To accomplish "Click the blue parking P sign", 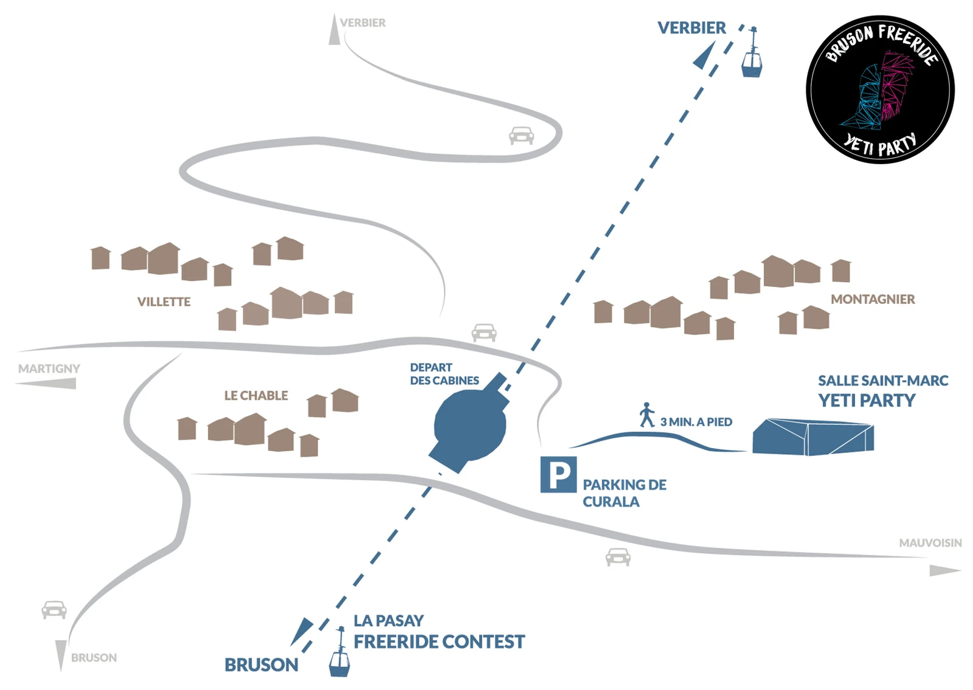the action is click(x=559, y=475).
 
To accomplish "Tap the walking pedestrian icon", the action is click(x=647, y=415).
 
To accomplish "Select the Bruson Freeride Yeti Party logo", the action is click(x=880, y=89).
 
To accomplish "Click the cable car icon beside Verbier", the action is click(x=752, y=52).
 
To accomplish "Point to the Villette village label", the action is click(x=164, y=302).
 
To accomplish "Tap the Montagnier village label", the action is click(x=873, y=299).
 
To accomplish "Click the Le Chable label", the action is click(x=256, y=396).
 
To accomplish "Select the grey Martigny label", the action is click(x=49, y=368).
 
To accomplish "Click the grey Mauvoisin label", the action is click(x=930, y=543).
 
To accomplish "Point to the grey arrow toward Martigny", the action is click(x=46, y=384).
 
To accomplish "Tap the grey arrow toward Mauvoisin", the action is click(x=945, y=570).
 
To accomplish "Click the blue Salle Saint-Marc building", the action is click(x=813, y=437).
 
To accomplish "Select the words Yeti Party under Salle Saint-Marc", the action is click(x=867, y=401).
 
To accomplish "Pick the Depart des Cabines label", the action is click(x=445, y=374).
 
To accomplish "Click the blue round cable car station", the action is click(x=471, y=425).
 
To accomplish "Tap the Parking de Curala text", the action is click(x=624, y=493).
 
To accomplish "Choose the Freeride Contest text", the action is click(x=439, y=642).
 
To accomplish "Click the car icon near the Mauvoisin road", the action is click(x=618, y=557).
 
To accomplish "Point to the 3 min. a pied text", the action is click(x=696, y=422).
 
